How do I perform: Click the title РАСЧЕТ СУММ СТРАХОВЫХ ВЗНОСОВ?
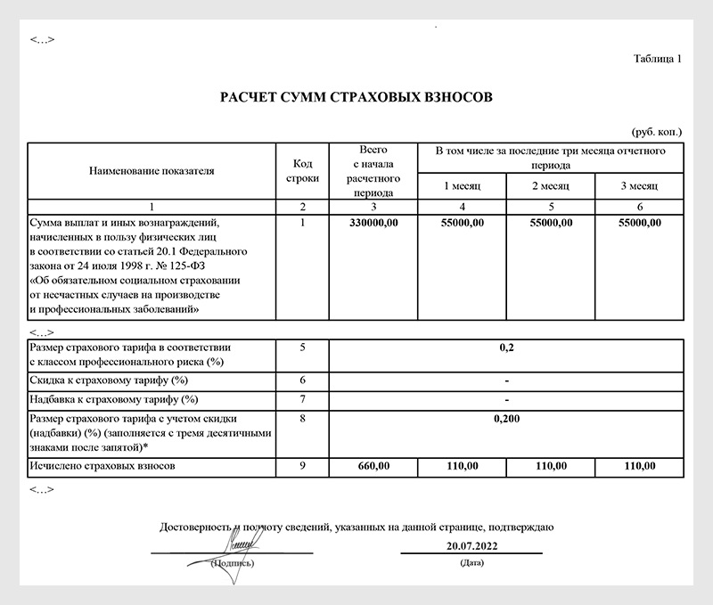coord(356,96)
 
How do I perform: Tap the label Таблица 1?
coord(657,60)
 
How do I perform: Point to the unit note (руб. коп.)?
coord(657,131)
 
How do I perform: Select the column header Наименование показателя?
coord(152,169)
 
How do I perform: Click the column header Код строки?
coord(303,169)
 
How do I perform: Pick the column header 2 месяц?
coord(551,185)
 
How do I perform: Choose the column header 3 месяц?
coord(639,185)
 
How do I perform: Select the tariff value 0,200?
coord(506,418)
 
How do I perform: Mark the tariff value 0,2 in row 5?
coord(506,347)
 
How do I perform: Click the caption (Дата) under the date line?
coord(471,564)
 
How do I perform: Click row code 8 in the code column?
coord(303,418)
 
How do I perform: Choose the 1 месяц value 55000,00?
coord(463,223)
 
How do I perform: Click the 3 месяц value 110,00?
coord(639,466)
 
